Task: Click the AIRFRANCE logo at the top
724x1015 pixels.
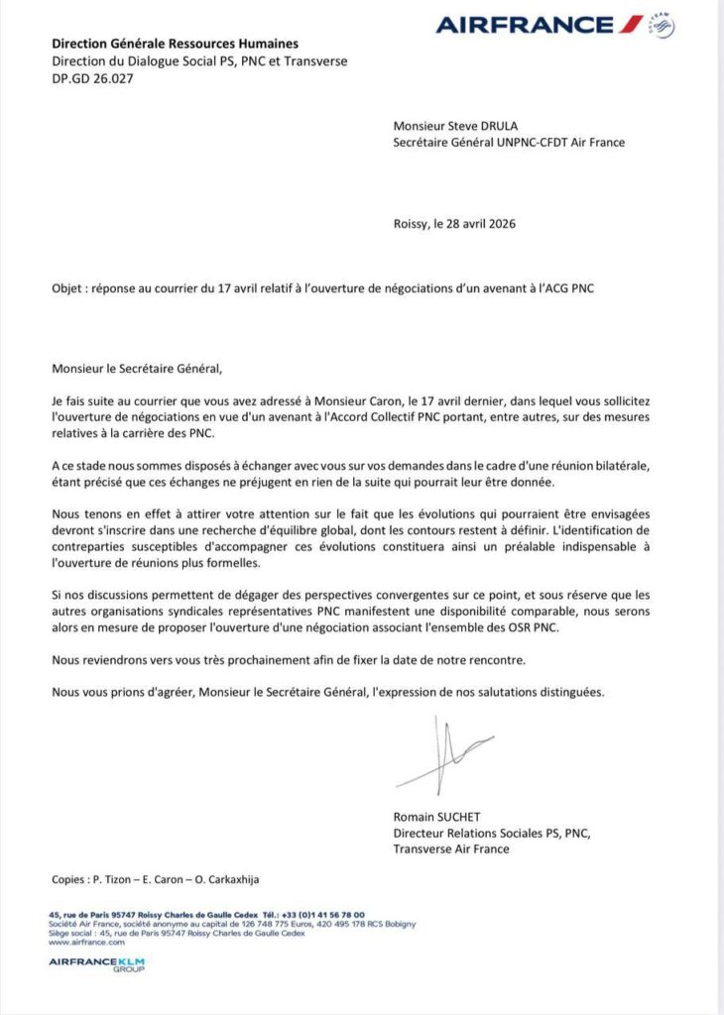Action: point(541,24)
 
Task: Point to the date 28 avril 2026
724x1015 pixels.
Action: point(480,224)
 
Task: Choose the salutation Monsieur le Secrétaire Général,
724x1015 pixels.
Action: point(139,369)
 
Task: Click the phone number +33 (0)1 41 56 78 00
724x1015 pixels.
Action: point(322,914)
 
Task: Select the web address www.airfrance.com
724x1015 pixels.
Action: point(79,942)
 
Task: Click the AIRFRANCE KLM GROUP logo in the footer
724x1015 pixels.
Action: point(97,963)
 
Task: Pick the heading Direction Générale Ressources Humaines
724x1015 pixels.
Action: point(176,44)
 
